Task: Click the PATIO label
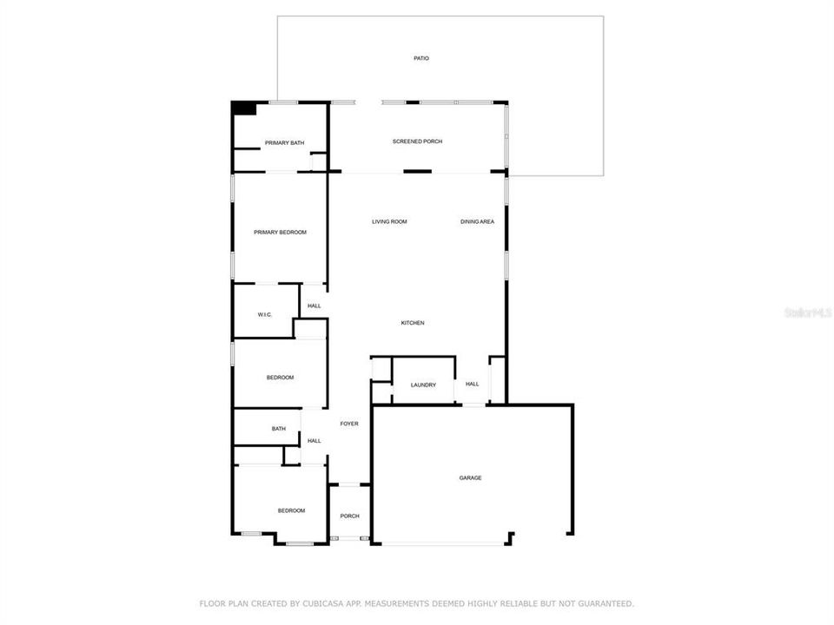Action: pos(421,58)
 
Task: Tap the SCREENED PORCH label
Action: pos(417,141)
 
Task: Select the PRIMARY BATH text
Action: pos(284,143)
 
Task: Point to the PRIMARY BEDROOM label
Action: pos(280,233)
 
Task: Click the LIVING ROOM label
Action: pos(389,222)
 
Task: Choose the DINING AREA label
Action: pos(477,222)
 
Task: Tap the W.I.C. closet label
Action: pos(265,314)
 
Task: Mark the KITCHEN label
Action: pos(412,323)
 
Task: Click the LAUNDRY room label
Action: pos(423,385)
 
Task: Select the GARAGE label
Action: pos(470,477)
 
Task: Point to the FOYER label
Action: pos(348,424)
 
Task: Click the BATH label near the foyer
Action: pos(279,429)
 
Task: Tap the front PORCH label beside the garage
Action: pos(349,516)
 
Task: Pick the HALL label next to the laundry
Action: pos(472,384)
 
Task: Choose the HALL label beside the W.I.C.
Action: pos(314,306)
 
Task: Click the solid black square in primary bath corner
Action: pos(244,109)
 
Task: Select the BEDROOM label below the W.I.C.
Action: pos(280,378)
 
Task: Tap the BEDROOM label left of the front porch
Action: pos(291,510)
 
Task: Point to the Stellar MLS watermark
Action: pos(807,312)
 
